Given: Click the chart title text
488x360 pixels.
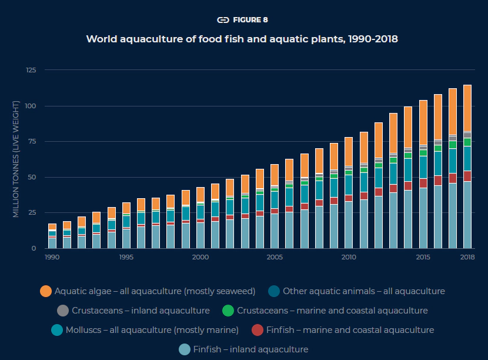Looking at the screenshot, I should (242, 39).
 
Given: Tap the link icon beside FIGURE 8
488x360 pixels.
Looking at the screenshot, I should (223, 20).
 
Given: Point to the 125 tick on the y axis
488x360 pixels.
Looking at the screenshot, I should (31, 70).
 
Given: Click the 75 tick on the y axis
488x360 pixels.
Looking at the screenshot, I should (32, 141).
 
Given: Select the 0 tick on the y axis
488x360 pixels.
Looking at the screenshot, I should (35, 248).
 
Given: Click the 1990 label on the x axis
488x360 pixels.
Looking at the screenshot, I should (52, 257).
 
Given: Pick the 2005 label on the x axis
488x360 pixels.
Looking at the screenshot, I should (273, 257).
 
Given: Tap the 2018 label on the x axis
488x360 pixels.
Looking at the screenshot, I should (467, 257).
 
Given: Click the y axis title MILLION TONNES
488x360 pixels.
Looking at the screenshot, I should (16, 159).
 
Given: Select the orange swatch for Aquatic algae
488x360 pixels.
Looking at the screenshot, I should (46, 291).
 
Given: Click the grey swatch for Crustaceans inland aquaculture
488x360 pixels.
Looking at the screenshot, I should (63, 311).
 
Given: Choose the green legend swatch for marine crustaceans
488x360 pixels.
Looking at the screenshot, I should (229, 311).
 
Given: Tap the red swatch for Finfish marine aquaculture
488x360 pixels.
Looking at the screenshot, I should (257, 330).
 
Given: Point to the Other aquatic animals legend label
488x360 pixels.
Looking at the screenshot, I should (363, 291).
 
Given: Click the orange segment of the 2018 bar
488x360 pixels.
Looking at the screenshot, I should (467, 108).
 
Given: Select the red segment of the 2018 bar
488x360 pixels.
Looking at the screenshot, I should (467, 176).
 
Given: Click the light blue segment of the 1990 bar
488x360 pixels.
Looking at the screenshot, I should (52, 243).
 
